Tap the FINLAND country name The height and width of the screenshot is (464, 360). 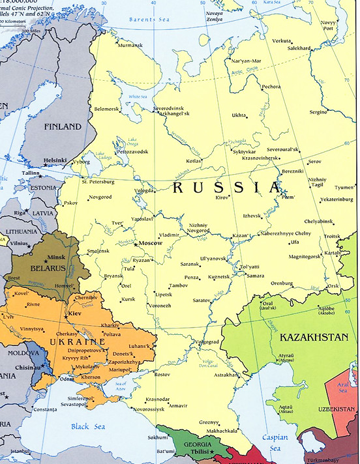(x=63, y=127)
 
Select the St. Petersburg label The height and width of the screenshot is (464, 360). (x=98, y=181)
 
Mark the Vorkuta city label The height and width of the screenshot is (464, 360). (x=282, y=40)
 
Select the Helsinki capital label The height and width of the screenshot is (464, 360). (x=55, y=160)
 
